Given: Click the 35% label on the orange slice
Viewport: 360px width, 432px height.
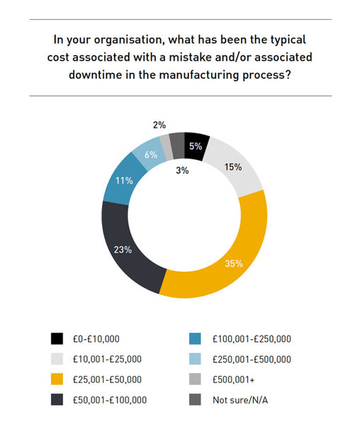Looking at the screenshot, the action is pyautogui.click(x=234, y=264).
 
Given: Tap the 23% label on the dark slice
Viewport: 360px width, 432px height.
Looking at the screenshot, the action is pyautogui.click(x=123, y=250).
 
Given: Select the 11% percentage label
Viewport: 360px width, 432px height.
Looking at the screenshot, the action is pyautogui.click(x=124, y=181).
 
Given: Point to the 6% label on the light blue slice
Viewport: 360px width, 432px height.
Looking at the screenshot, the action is pyautogui.click(x=151, y=155).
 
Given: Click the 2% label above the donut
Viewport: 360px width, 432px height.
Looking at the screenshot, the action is pyautogui.click(x=159, y=125).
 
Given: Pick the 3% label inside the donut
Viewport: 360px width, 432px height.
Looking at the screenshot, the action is pyautogui.click(x=182, y=170).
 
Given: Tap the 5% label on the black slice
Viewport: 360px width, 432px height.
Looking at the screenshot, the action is pyautogui.click(x=196, y=146).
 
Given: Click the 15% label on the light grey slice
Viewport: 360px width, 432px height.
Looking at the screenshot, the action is pyautogui.click(x=233, y=167).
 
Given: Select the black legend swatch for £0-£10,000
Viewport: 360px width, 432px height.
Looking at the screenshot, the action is pyautogui.click(x=57, y=338).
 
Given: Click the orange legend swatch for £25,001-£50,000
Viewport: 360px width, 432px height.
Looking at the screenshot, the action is pyautogui.click(x=57, y=379).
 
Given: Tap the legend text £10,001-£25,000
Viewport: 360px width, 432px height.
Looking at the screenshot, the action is pyautogui.click(x=107, y=359).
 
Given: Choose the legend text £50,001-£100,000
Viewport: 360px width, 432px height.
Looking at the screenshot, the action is pyautogui.click(x=110, y=400).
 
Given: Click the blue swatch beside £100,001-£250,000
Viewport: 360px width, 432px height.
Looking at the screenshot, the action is pyautogui.click(x=195, y=338).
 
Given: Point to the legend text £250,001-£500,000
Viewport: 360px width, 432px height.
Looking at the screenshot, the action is pyautogui.click(x=252, y=359).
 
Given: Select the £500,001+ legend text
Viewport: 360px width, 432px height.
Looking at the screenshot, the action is pyautogui.click(x=233, y=380).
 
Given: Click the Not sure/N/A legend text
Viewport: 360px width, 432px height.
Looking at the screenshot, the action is pyautogui.click(x=240, y=400).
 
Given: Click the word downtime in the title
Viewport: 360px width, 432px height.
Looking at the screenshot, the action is pyautogui.click(x=95, y=74).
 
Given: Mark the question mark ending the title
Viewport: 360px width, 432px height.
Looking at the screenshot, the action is pyautogui.click(x=288, y=74).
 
